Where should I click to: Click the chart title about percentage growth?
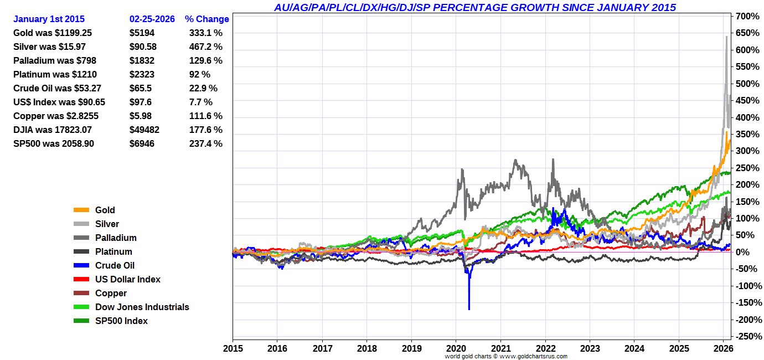point(475,8)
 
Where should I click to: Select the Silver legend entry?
point(107,224)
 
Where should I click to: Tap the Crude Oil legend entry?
point(115,265)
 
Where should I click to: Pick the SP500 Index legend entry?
point(121,321)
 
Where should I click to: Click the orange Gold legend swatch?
point(81,210)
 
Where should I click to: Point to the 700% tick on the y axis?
point(747,17)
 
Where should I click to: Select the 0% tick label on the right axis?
point(742,252)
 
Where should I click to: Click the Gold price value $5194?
point(142,33)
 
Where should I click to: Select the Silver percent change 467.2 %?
point(206,47)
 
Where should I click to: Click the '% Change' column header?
point(207,19)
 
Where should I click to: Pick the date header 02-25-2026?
point(152,19)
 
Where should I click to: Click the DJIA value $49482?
point(144,130)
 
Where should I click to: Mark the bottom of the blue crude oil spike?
point(469,309)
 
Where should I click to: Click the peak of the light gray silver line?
point(726,37)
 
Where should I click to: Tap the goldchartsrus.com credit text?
point(506,356)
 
